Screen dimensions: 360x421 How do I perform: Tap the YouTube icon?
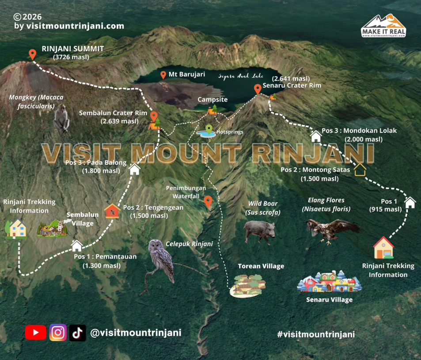tap(35, 333)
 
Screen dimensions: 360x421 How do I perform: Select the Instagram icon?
tap(58, 333)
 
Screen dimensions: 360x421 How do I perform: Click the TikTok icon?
tap(78, 333)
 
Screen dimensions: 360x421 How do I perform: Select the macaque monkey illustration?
tap(61, 119)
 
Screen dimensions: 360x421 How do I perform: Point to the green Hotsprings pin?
tap(209, 129)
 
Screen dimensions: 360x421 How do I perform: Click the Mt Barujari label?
tap(186, 75)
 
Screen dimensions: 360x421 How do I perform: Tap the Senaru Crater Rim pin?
tap(258, 89)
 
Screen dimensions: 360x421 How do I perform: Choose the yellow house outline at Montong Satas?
tap(360, 169)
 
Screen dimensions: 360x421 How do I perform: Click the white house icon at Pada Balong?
tap(134, 169)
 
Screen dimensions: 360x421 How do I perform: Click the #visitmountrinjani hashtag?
tap(316, 334)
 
